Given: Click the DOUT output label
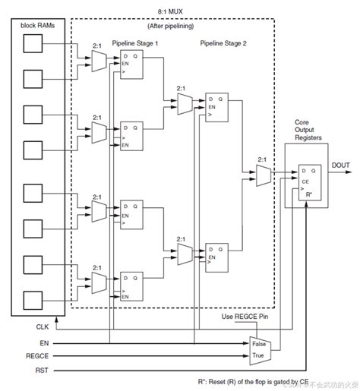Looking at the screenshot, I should pos(339,164).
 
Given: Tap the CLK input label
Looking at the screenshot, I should pos(42,328).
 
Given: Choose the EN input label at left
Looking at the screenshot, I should pos(44,343).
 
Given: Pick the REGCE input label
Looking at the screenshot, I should pos(38,355).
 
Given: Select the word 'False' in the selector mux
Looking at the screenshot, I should pos(261,343).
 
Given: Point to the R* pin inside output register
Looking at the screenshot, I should pos(309,194).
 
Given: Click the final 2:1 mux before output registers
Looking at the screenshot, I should pos(262,176).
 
